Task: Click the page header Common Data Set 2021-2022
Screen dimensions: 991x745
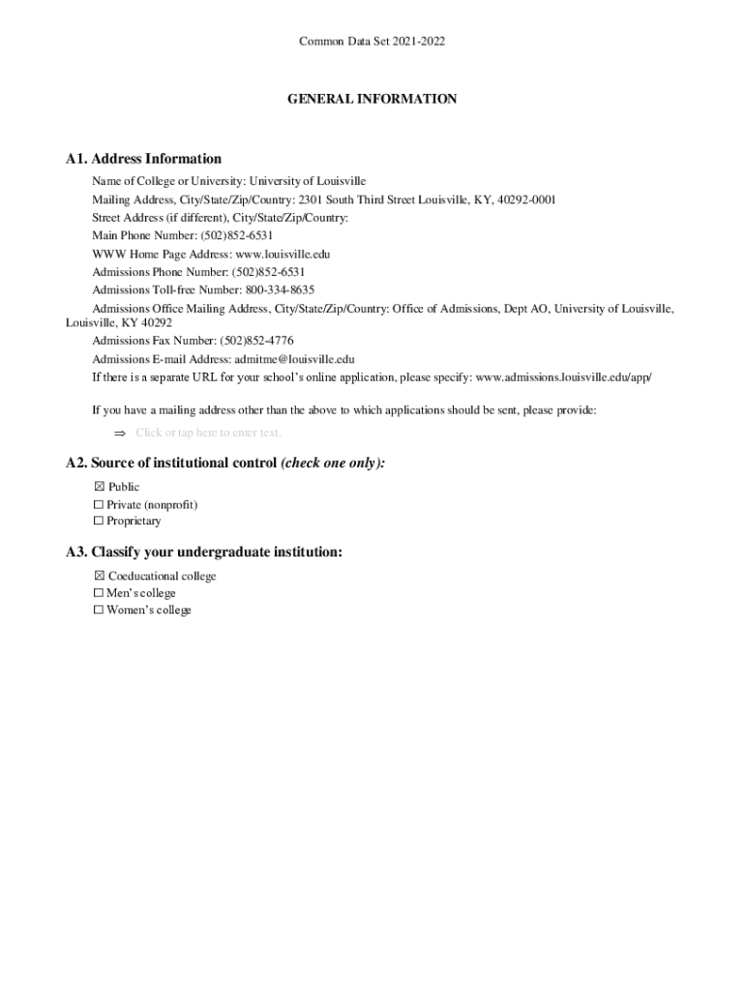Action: click(x=372, y=42)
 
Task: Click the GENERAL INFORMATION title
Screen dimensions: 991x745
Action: click(x=372, y=99)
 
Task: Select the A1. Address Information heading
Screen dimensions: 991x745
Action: click(x=143, y=159)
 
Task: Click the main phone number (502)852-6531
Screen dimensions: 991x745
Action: click(x=236, y=235)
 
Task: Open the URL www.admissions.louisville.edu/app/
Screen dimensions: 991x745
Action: click(x=564, y=376)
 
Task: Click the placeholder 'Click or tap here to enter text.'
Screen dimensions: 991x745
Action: click(x=208, y=433)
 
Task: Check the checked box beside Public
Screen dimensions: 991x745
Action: click(x=99, y=488)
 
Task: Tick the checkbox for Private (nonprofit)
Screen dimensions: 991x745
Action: click(x=99, y=505)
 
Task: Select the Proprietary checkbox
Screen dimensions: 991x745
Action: click(x=99, y=522)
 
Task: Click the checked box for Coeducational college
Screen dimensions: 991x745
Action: click(x=99, y=577)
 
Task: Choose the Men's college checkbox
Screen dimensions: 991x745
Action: click(x=99, y=593)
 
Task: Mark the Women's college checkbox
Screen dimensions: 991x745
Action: click(x=99, y=611)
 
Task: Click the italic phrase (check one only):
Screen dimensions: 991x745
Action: click(x=333, y=464)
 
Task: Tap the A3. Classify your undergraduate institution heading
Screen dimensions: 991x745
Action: click(x=204, y=553)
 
